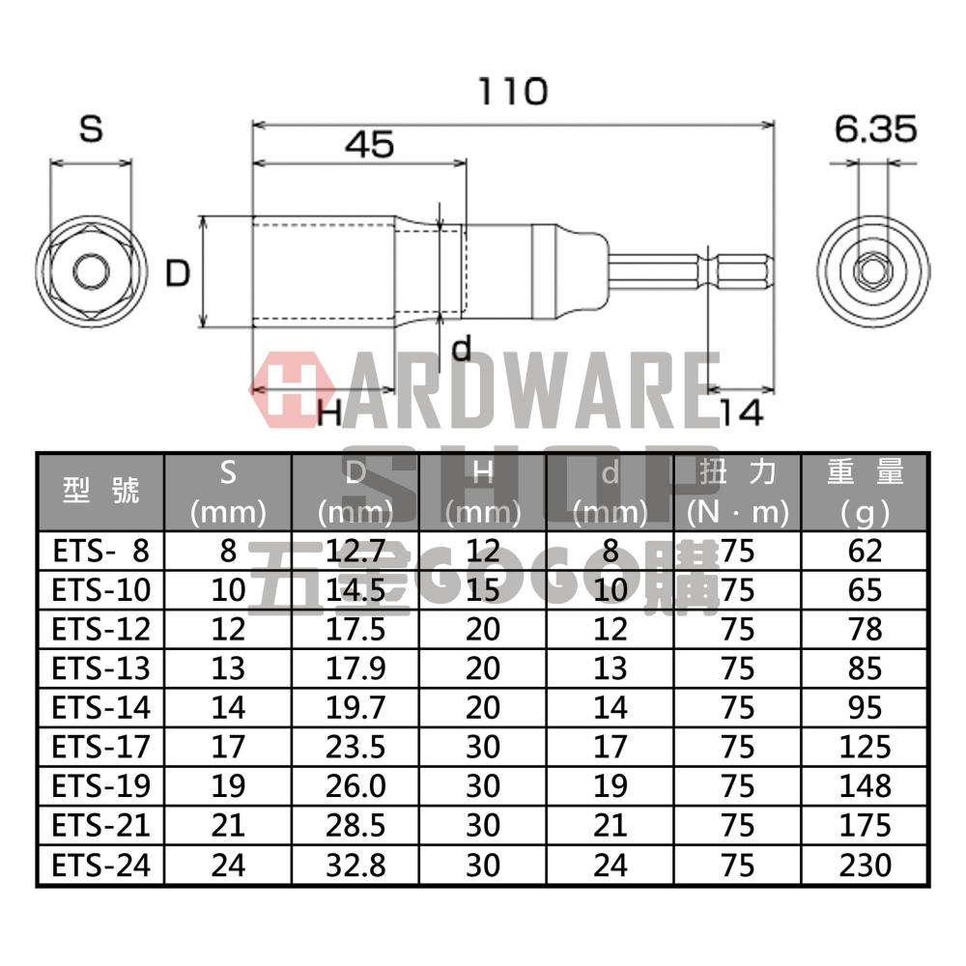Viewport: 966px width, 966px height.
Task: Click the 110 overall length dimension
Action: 513,93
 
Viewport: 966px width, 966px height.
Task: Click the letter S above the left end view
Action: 91,129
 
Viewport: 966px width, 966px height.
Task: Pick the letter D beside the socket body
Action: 177,274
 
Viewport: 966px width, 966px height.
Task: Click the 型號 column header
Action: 100,491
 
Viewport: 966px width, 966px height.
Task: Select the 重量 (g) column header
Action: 866,491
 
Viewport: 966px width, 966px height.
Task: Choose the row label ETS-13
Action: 100,668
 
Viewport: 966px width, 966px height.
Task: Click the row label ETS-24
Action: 100,865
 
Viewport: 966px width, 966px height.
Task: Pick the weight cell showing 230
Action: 866,865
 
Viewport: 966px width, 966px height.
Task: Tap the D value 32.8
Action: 355,865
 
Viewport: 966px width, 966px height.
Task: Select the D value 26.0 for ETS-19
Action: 355,785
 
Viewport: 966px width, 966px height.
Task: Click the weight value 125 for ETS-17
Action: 866,747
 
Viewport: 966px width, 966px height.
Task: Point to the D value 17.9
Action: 355,668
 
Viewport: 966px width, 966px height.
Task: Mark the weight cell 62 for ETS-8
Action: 866,550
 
